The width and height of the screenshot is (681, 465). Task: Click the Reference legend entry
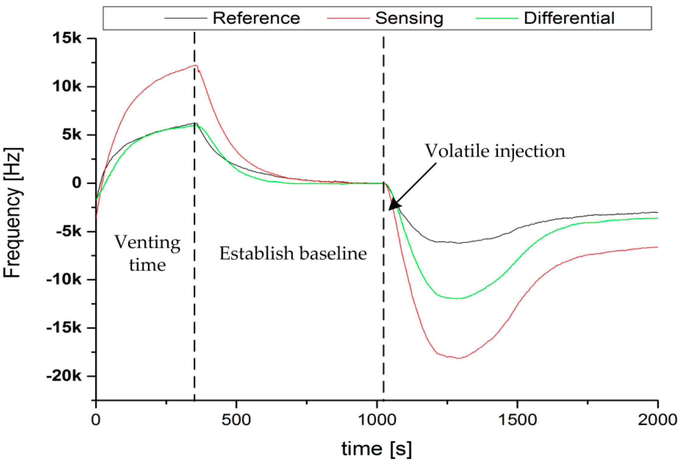tap(256, 18)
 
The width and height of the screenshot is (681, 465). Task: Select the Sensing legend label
tap(409, 18)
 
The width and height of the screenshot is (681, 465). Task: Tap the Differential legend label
tap(569, 18)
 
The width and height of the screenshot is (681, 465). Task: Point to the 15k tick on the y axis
tap(67, 38)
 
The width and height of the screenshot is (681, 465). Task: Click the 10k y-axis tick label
tap(67, 87)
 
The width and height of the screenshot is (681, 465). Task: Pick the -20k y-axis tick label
tap(64, 376)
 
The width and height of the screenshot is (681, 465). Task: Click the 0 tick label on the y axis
tap(77, 183)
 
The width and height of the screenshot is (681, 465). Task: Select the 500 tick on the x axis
tap(236, 420)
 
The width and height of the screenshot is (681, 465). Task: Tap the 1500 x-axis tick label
tap(517, 420)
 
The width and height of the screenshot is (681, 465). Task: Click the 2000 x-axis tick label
tap(658, 420)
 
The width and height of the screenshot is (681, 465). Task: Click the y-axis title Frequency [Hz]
tap(13, 212)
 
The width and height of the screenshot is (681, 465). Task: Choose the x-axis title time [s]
tap(376, 449)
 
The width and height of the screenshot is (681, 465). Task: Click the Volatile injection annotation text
tap(495, 151)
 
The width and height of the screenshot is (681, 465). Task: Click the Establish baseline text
tap(293, 253)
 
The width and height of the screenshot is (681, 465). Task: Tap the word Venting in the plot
tap(147, 243)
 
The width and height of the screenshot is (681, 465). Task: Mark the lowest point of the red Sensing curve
tap(459, 358)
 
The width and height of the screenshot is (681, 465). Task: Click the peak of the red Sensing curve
tap(196, 65)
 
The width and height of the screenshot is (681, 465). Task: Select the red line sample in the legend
tap(348, 18)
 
